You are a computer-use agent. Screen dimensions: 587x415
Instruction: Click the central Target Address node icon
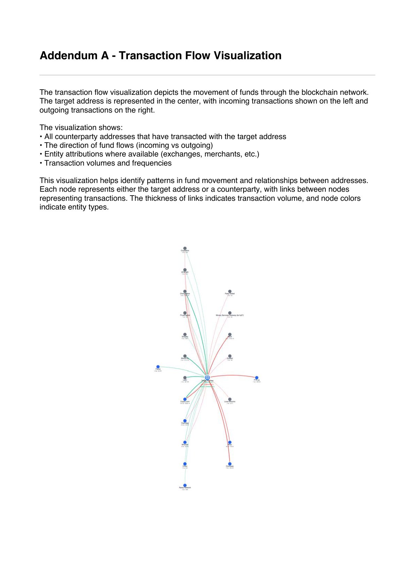pos(207,378)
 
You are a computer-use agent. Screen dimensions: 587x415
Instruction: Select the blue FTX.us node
pos(257,378)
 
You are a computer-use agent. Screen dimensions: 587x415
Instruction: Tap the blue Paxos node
pos(158,367)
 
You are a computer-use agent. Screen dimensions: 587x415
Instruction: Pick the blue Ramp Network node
pos(185,485)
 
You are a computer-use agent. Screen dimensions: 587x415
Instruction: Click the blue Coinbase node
pos(230,464)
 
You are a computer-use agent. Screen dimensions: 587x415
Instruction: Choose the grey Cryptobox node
pos(185,249)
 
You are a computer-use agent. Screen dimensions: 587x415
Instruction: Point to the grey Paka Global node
pos(230,291)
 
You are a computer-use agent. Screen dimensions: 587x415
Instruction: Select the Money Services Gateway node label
pos(230,315)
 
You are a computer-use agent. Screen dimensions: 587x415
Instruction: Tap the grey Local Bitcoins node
pos(230,399)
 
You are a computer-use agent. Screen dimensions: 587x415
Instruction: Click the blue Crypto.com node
pos(185,399)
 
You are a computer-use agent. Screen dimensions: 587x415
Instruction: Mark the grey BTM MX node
pos(185,270)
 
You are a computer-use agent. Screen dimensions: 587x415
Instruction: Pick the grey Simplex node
pos(185,335)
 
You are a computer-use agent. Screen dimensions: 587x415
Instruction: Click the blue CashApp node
pos(185,421)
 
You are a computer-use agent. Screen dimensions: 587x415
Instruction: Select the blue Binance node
pos(185,442)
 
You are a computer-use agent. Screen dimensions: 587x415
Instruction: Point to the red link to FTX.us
pos(233,375)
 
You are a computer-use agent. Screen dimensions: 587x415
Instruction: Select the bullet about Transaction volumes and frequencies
pos(108,163)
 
